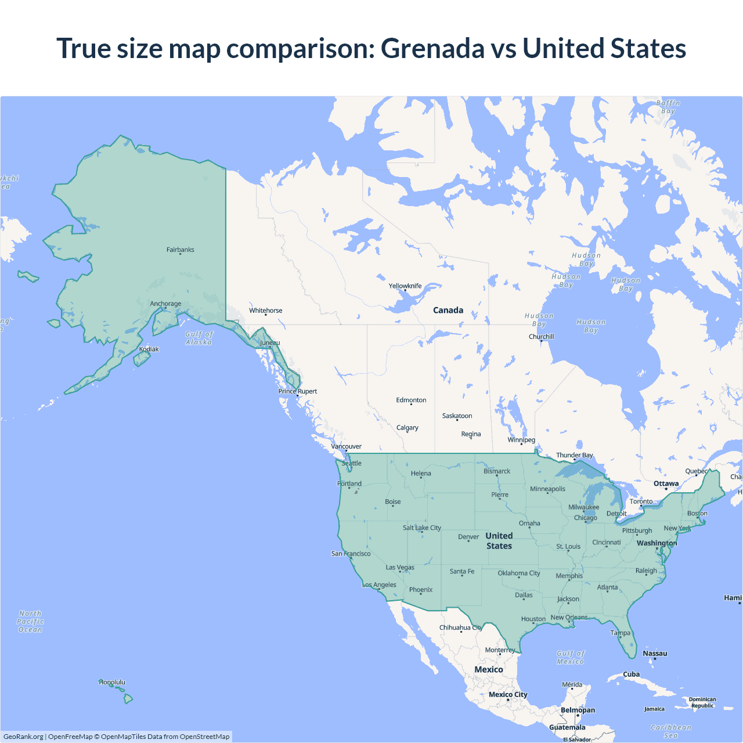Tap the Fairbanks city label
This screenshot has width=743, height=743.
pyautogui.click(x=180, y=250)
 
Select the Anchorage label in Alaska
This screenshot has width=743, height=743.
pyautogui.click(x=165, y=304)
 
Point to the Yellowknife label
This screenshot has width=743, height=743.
pyautogui.click(x=405, y=286)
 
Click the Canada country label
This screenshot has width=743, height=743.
pyautogui.click(x=448, y=310)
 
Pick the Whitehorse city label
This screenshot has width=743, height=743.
pyautogui.click(x=265, y=311)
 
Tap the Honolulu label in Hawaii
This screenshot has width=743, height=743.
pyautogui.click(x=112, y=682)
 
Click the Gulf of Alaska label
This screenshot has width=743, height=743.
pyautogui.click(x=199, y=338)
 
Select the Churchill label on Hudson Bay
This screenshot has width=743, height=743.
pyautogui.click(x=541, y=337)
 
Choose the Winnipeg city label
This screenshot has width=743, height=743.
pyautogui.click(x=521, y=439)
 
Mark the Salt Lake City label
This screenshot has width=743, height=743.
pyautogui.click(x=422, y=528)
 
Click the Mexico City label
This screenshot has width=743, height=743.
pyautogui.click(x=508, y=694)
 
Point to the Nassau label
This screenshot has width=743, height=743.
pyautogui.click(x=655, y=653)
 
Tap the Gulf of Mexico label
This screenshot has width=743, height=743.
pyautogui.click(x=571, y=657)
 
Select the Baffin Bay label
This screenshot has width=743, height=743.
pyautogui.click(x=668, y=107)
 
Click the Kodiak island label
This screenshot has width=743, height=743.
pyautogui.click(x=149, y=349)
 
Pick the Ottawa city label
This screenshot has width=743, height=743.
pyautogui.click(x=666, y=484)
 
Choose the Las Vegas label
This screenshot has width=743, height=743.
pyautogui.click(x=400, y=567)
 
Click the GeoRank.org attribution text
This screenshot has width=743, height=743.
pyautogui.click(x=23, y=737)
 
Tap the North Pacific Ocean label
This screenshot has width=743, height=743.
pyautogui.click(x=30, y=621)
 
